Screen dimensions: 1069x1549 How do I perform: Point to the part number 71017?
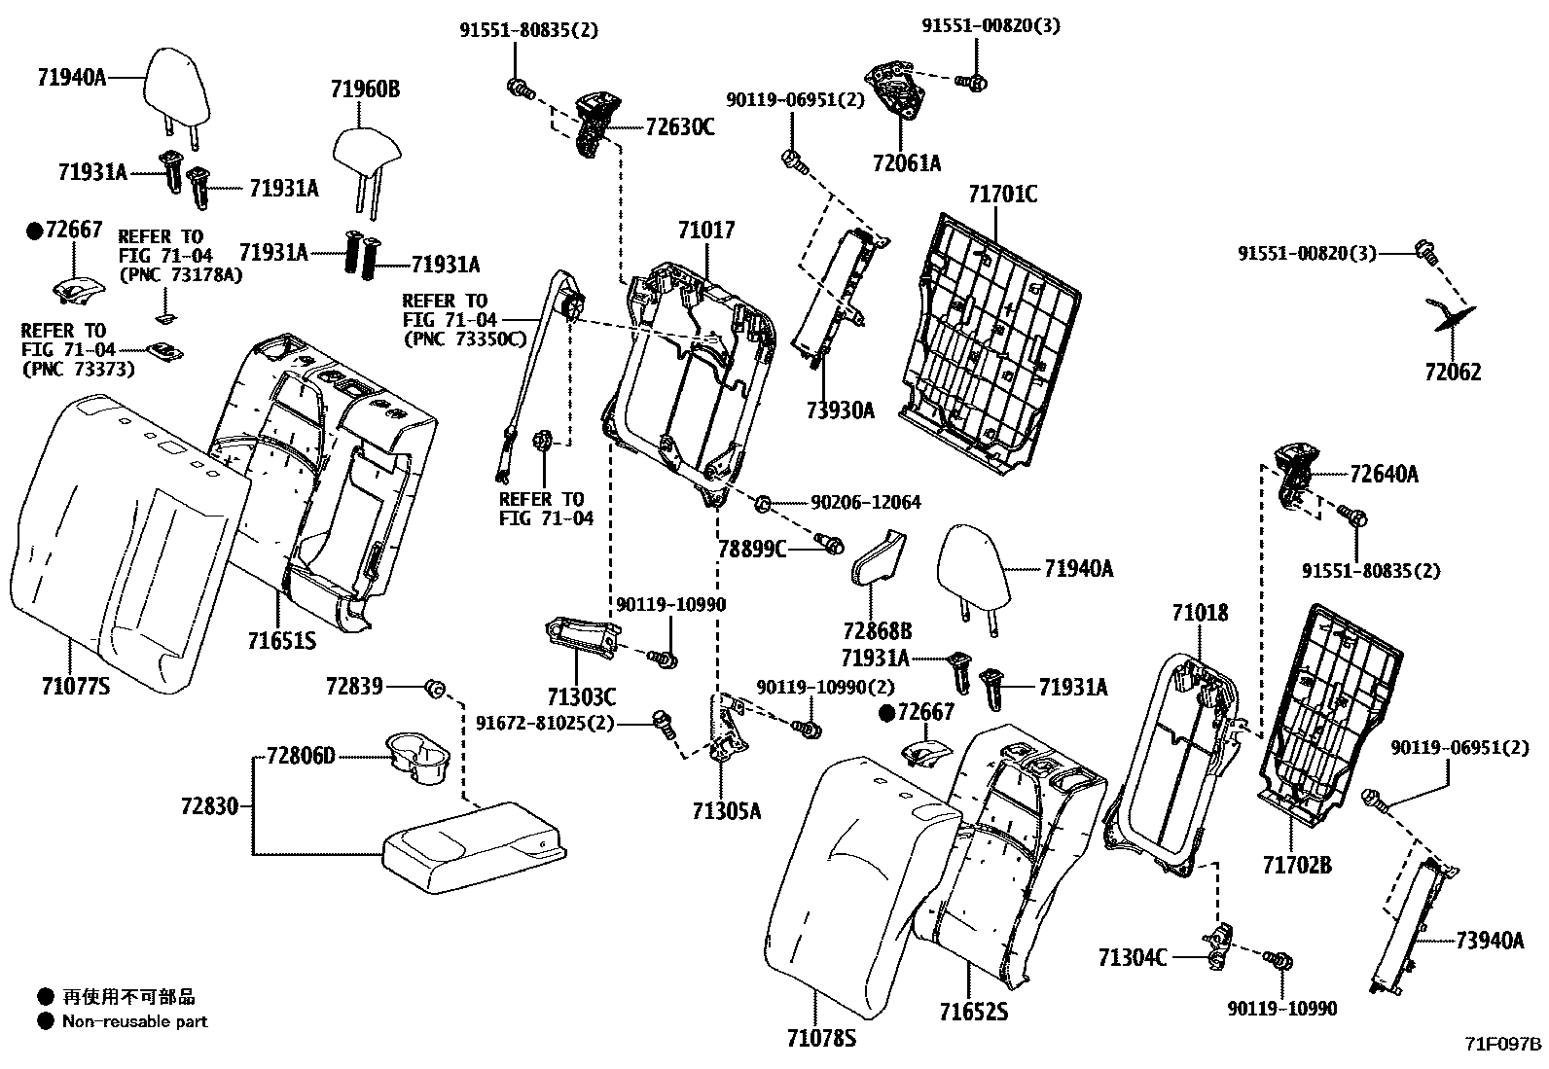706,231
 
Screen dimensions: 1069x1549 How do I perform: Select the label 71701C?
1002,195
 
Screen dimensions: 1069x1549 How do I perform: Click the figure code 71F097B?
1503,1045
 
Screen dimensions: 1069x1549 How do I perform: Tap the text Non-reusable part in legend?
134,1021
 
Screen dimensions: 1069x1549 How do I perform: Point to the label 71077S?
75,687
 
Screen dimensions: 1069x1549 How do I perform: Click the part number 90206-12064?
865,503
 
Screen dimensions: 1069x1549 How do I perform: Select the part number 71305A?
726,810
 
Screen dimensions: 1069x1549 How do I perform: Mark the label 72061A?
907,163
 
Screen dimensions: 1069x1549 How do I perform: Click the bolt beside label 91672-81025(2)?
665,723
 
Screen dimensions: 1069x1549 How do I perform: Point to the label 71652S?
973,1013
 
